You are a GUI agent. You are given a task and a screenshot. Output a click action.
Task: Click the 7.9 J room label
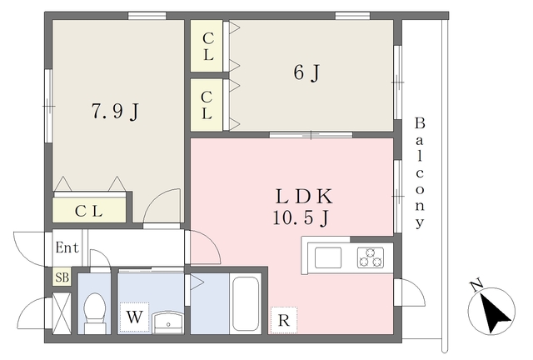[x=116, y=111]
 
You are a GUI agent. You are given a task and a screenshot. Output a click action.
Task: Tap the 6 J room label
[x=307, y=72]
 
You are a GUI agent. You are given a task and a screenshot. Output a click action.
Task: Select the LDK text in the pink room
[x=303, y=197]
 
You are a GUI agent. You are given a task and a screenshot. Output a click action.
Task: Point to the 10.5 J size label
[x=301, y=217]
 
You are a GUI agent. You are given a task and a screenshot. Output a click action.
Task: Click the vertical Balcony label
[x=420, y=172]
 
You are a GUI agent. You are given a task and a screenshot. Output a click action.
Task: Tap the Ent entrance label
[x=67, y=247]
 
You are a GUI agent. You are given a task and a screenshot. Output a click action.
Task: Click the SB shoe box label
[x=62, y=277]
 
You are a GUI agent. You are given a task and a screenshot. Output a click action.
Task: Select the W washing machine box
[x=134, y=317]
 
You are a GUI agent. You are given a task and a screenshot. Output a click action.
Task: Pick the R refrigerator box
[x=284, y=320]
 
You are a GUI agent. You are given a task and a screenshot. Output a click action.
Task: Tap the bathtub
[x=246, y=303]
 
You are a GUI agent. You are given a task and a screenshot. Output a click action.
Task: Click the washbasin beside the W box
[x=168, y=322]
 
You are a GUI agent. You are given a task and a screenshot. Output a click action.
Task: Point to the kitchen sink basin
[x=328, y=258]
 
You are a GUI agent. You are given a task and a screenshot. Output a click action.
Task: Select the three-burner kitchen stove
[x=371, y=257]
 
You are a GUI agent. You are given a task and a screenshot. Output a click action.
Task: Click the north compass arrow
[x=494, y=312]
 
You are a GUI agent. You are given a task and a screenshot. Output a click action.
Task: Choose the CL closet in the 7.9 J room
[x=89, y=210]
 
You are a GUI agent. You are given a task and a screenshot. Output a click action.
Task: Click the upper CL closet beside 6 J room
[x=207, y=46]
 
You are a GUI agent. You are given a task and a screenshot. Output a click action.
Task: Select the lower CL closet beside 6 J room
[x=207, y=105]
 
